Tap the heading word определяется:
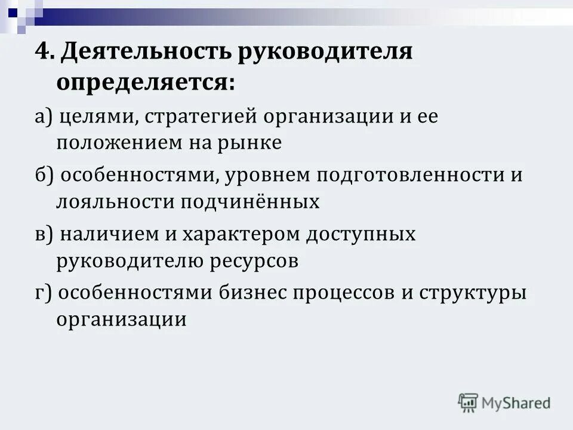tap(146, 82)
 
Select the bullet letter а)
tap(43, 117)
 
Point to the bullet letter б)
tap(44, 176)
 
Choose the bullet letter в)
tap(44, 234)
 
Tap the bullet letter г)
tap(42, 293)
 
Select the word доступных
tap(361, 234)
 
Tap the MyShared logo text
tap(516, 403)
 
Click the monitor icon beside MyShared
tap(468, 403)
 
